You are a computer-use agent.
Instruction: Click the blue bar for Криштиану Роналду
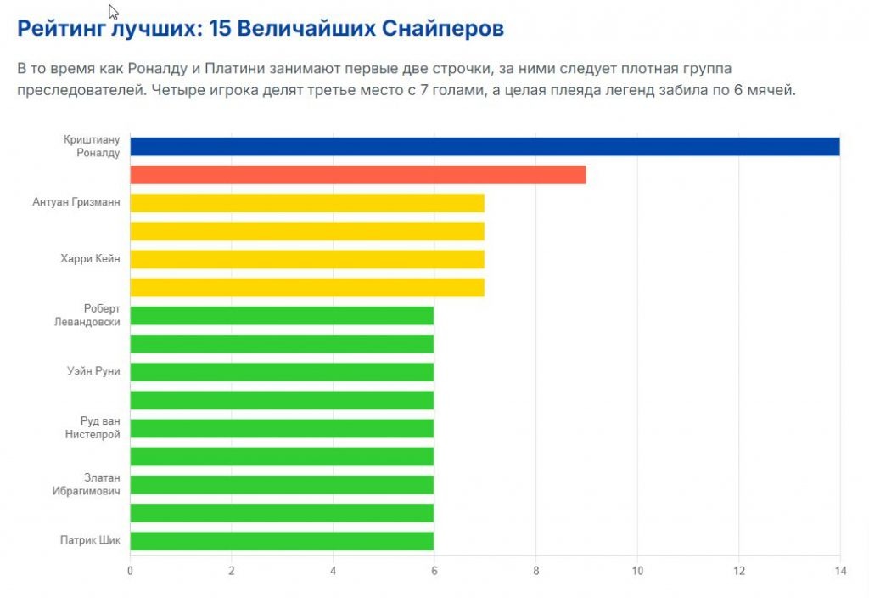coord(484,147)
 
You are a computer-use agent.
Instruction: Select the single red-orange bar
coord(357,175)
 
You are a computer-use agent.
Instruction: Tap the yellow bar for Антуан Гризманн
coord(306,203)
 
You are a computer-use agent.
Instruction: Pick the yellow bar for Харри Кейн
coord(306,259)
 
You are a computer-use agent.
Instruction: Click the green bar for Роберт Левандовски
coord(281,315)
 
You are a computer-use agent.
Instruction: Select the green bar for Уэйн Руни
coord(281,372)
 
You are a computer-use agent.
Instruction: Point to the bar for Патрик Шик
coord(281,541)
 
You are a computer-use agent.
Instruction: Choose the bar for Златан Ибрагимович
coord(281,484)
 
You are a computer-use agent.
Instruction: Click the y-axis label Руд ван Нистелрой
coord(93,427)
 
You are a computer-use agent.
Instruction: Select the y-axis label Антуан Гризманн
coord(76,203)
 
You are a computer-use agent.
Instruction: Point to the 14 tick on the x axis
coord(840,572)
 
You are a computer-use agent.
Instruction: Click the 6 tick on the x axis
coord(434,572)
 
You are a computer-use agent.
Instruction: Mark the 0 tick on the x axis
coord(130,572)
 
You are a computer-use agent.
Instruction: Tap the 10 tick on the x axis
coord(637,572)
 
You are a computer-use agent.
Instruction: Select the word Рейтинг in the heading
coord(59,29)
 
